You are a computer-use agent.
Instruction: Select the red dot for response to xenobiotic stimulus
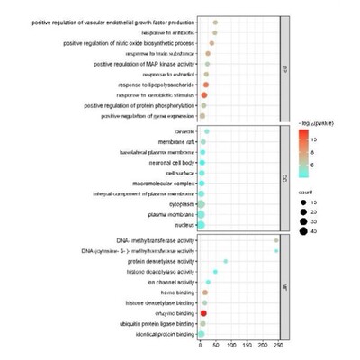pos(204,94)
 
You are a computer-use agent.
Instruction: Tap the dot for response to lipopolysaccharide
pos(206,85)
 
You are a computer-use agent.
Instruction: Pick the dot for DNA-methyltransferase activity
pos(276,240)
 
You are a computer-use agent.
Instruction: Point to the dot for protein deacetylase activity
pos(225,261)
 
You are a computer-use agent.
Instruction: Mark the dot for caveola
pos(206,131)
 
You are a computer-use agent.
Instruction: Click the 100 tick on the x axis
pos(232,346)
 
